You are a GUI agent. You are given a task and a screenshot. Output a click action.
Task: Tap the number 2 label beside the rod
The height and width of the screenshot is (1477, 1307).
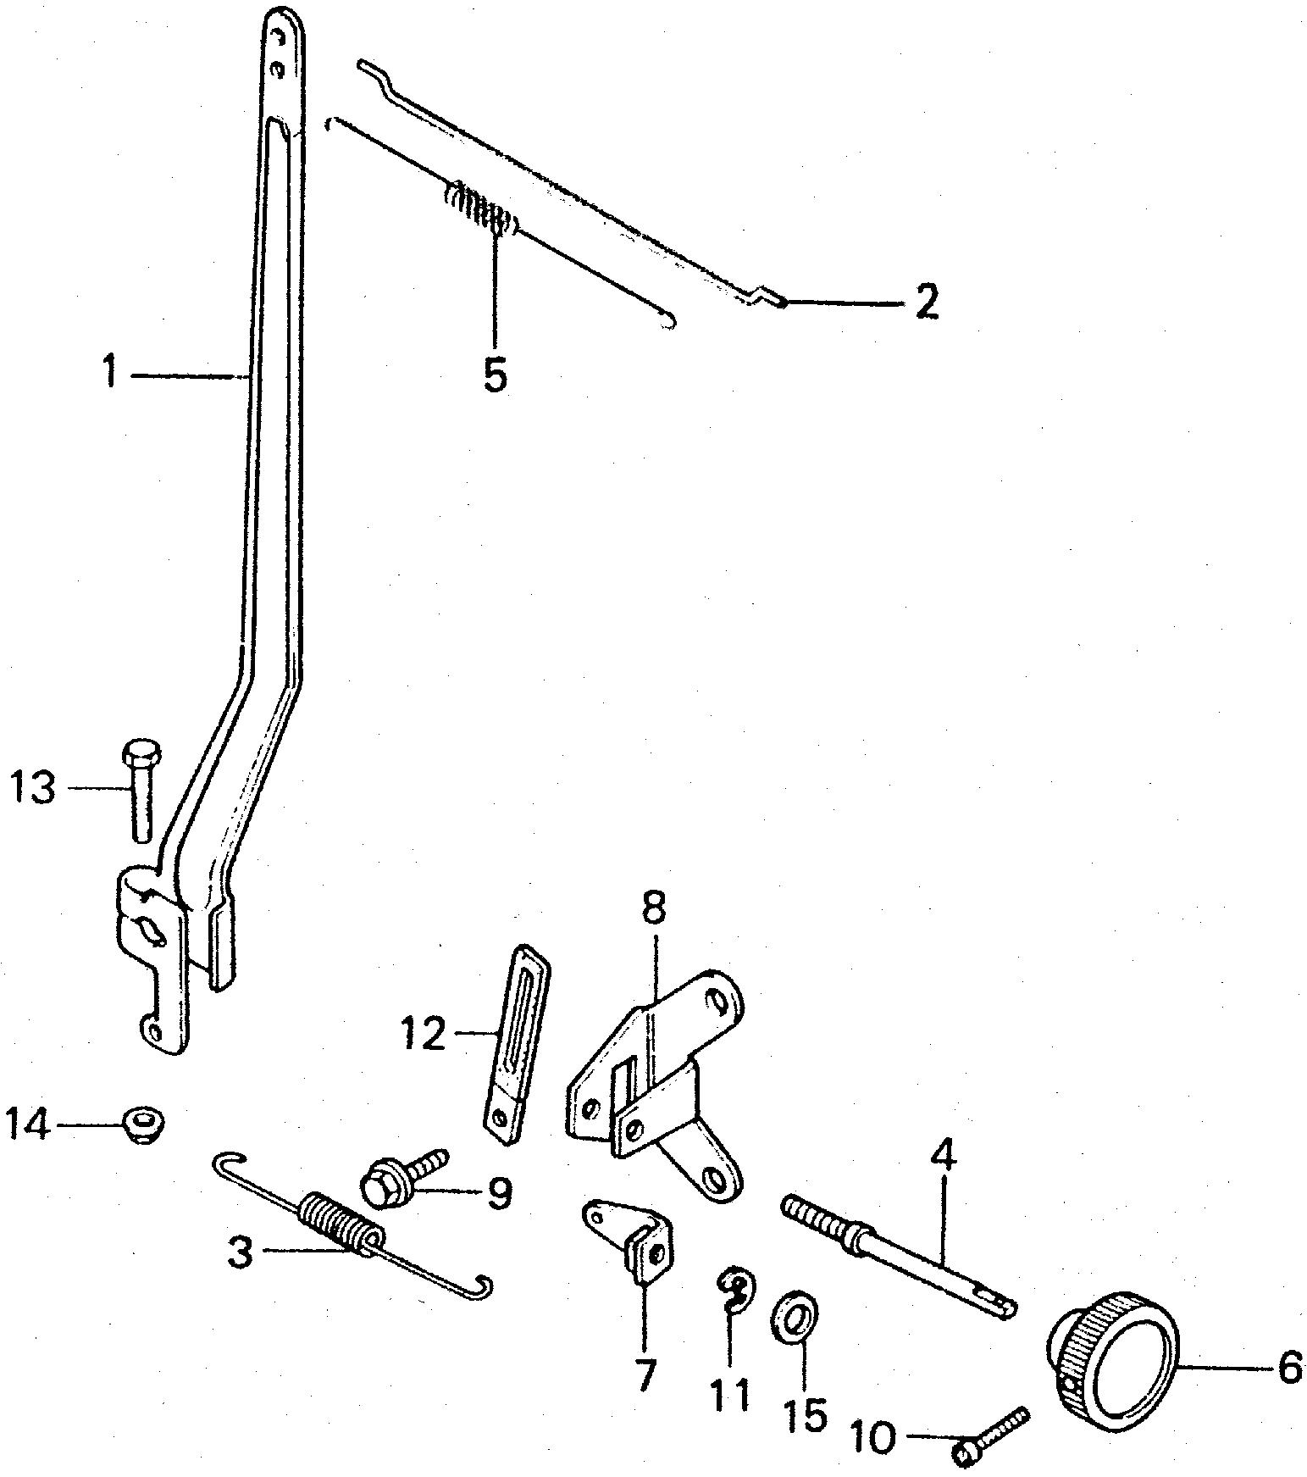[x=927, y=302]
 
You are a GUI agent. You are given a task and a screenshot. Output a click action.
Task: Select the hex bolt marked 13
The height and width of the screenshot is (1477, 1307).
[x=138, y=789]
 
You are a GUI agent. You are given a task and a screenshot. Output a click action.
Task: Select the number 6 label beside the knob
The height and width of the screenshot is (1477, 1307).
[x=1288, y=1367]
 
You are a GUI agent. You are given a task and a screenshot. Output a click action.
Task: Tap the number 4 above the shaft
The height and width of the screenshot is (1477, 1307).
[x=943, y=1157]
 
